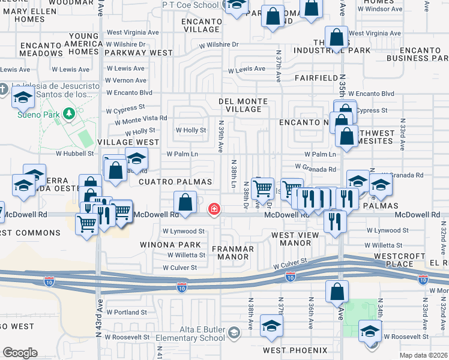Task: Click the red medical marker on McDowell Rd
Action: click(x=213, y=209)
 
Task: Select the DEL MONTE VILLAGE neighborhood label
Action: click(x=243, y=105)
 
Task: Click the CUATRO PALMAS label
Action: click(x=175, y=181)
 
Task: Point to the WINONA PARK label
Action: click(x=171, y=245)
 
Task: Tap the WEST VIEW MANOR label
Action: click(x=291, y=239)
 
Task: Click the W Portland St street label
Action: click(x=127, y=312)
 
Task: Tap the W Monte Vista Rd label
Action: click(x=136, y=118)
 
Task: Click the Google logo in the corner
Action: click(x=20, y=353)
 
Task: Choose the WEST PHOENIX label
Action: click(x=294, y=350)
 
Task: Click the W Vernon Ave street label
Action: click(x=126, y=80)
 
